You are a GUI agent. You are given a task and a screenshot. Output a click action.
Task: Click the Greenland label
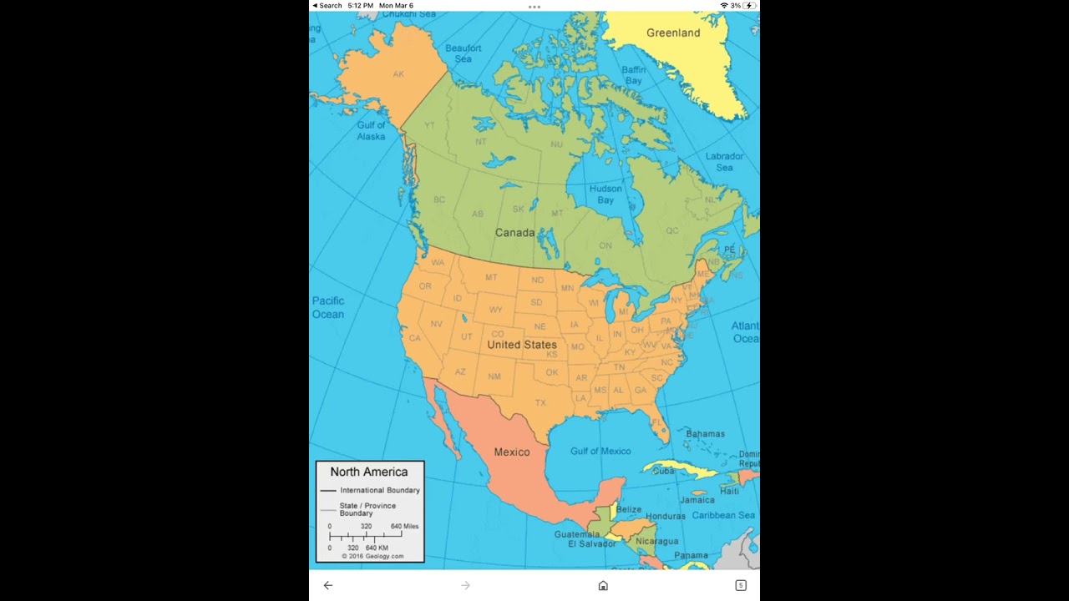point(673,33)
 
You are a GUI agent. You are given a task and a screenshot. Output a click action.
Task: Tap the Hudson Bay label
point(605,194)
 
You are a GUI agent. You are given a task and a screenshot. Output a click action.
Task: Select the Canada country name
point(514,233)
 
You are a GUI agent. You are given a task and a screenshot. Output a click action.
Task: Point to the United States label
point(522,345)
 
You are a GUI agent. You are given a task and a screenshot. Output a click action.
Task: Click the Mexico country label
point(512,452)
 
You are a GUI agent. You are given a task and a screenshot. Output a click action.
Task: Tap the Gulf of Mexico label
point(600,452)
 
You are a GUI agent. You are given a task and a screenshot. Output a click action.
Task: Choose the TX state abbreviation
point(540,403)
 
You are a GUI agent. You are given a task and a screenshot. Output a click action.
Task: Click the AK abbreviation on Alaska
point(398,74)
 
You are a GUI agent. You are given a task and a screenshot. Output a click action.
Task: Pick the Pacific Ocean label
point(328,308)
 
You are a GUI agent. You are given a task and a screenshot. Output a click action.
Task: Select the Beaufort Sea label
point(463,53)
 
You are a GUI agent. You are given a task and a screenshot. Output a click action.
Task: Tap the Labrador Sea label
point(724,162)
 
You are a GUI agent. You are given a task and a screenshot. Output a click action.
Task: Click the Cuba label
point(663,471)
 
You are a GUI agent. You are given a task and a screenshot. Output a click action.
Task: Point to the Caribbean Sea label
point(723,516)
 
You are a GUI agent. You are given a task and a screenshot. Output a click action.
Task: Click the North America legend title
point(369,472)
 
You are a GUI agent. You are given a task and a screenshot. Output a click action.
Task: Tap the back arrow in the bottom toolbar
point(328,586)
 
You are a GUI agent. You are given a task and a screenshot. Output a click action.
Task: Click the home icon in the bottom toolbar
point(603,586)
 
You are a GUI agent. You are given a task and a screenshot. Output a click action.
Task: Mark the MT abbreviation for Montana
point(491,278)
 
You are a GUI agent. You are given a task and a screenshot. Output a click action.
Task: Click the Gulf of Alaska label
point(372,131)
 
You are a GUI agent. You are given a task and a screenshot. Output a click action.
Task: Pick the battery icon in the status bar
point(749,6)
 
